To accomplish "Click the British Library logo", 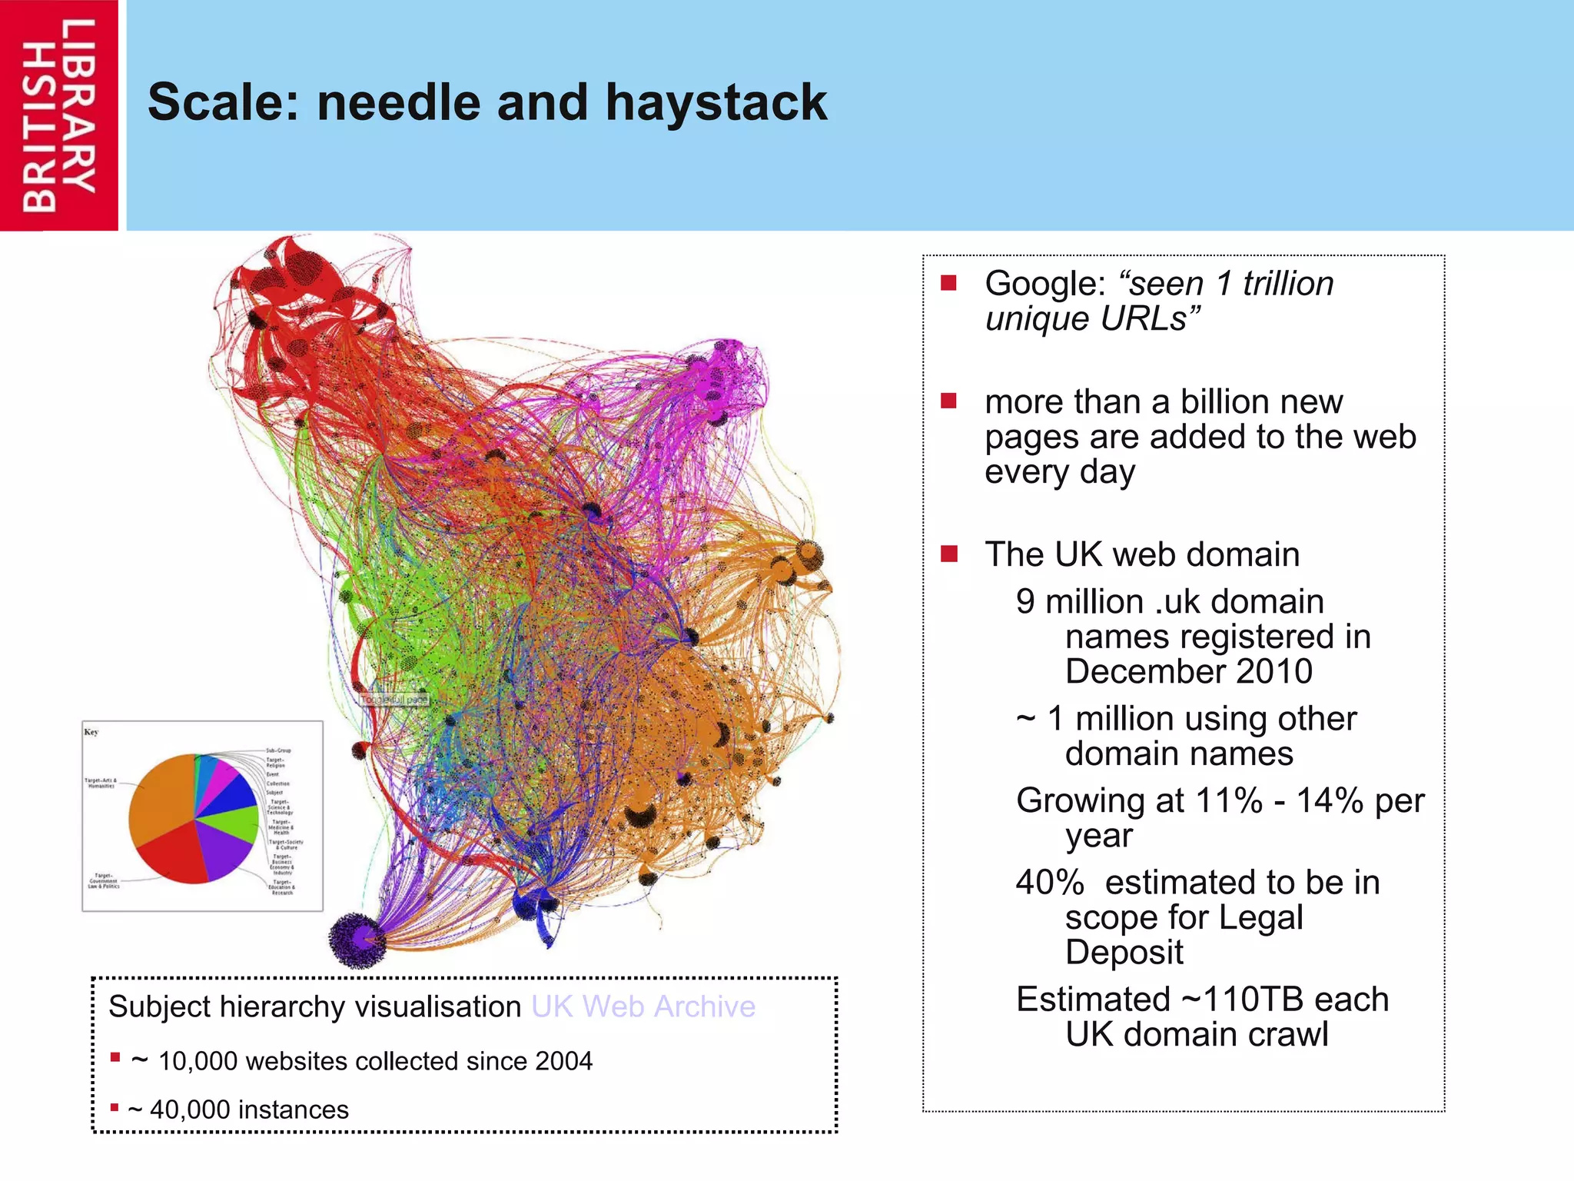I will click(58, 115).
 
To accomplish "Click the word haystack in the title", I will click(716, 102).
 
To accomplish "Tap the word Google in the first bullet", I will click(1044, 284).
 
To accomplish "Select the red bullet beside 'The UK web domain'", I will click(949, 554).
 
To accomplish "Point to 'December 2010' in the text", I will click(1188, 671).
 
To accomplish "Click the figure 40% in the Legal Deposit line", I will click(1049, 882).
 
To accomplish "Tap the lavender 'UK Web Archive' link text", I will click(643, 1006).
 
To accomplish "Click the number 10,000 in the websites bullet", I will click(198, 1061).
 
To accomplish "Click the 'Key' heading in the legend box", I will click(91, 732).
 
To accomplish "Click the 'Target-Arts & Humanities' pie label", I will click(101, 783).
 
